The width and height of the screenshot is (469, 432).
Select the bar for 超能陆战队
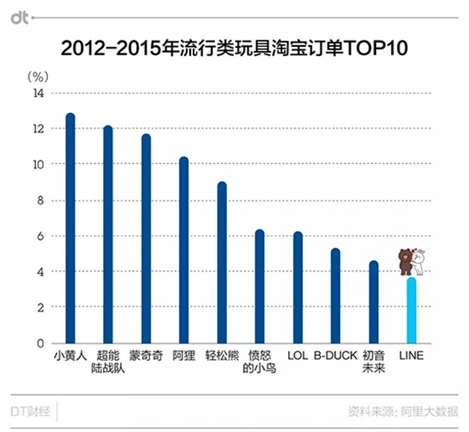pyautogui.click(x=108, y=234)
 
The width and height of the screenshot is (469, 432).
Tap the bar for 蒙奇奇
pyautogui.click(x=146, y=239)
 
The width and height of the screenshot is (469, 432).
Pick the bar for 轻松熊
pyautogui.click(x=222, y=263)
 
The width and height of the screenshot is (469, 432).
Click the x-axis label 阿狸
pyautogui.click(x=183, y=355)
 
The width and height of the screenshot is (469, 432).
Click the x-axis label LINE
pyautogui.click(x=410, y=355)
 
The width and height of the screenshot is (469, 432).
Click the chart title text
pyautogui.click(x=234, y=48)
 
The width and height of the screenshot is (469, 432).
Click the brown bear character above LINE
pyautogui.click(x=405, y=261)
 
